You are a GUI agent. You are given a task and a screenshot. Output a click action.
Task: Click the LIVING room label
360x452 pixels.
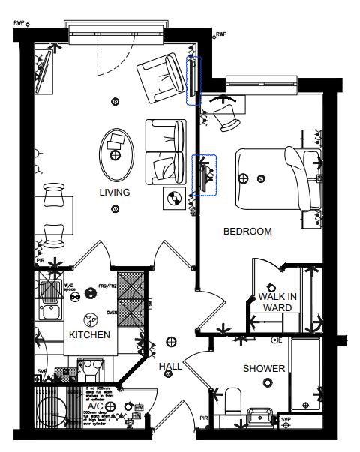click(115, 193)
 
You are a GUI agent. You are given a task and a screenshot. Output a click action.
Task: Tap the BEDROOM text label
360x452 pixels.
click(247, 232)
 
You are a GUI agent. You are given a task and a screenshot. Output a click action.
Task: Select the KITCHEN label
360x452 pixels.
click(90, 334)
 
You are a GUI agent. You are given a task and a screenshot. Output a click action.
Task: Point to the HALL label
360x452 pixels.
click(170, 366)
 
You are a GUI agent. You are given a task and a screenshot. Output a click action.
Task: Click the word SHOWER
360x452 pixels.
click(263, 369)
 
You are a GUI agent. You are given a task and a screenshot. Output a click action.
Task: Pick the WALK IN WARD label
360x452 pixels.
click(277, 302)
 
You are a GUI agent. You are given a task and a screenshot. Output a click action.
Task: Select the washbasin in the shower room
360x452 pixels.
click(260, 414)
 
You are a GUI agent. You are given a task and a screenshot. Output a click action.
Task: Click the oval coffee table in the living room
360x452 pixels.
click(115, 149)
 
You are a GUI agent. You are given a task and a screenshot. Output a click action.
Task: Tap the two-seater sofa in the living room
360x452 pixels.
click(166, 152)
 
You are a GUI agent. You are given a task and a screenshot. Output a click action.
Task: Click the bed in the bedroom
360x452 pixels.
click(277, 178)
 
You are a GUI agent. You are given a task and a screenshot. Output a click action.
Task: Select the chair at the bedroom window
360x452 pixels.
click(224, 113)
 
